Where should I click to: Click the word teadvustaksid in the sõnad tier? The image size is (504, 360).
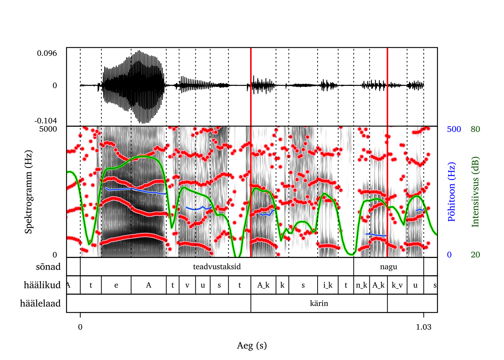(x=217, y=267)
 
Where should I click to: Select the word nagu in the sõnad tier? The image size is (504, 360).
(x=388, y=267)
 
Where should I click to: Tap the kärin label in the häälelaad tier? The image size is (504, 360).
(x=319, y=303)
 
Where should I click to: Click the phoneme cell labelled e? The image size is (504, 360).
(x=116, y=285)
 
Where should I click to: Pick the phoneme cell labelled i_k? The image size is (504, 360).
(x=328, y=285)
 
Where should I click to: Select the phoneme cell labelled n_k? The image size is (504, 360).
(x=361, y=285)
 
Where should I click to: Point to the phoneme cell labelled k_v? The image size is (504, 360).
(x=397, y=285)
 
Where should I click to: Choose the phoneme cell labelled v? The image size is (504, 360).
(x=187, y=285)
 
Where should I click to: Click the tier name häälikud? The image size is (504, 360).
(x=42, y=285)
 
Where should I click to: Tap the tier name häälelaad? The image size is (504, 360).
(x=40, y=303)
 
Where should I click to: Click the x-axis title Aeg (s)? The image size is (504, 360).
(x=252, y=345)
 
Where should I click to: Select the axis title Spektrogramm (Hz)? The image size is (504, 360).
(x=28, y=192)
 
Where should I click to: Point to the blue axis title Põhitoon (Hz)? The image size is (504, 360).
(x=451, y=192)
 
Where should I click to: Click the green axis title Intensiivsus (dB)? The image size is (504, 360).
(x=475, y=192)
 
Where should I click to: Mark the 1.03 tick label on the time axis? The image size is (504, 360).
(x=423, y=327)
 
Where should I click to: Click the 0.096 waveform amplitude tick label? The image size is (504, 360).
(x=47, y=53)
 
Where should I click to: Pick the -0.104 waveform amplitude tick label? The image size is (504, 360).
(x=46, y=121)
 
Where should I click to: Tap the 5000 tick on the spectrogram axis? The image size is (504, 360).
(x=48, y=129)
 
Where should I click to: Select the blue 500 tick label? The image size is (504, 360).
(x=454, y=129)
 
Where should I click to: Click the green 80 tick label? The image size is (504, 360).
(x=475, y=129)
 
